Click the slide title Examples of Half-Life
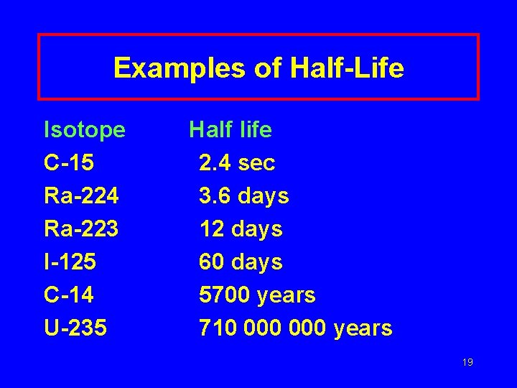(258, 68)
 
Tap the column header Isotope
(85, 130)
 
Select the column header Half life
(230, 130)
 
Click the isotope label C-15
(69, 163)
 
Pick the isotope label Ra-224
(81, 196)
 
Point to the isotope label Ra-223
(81, 229)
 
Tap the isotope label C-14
(69, 295)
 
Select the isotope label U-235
(75, 328)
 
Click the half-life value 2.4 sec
(237, 163)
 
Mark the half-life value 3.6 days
(244, 196)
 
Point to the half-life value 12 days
(241, 229)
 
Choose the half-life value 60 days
(241, 262)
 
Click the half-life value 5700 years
(257, 295)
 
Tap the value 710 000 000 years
(296, 328)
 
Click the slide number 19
(467, 362)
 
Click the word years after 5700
(286, 295)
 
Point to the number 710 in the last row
(217, 328)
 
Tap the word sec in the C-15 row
(256, 163)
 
